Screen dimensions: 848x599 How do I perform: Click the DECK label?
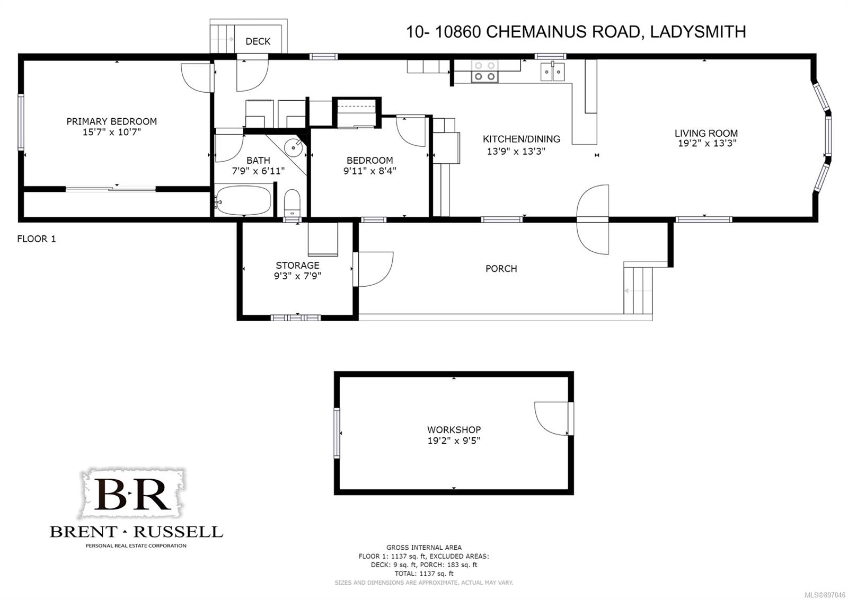[258, 41]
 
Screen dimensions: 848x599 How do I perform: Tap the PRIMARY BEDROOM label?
[112, 121]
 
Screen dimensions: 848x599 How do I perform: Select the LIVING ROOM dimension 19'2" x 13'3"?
[707, 143]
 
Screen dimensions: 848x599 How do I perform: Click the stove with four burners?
[484, 71]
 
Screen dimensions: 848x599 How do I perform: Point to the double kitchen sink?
[553, 72]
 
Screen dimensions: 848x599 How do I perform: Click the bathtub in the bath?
[243, 199]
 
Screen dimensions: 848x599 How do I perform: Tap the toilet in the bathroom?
[292, 204]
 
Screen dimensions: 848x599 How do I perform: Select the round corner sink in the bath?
[294, 147]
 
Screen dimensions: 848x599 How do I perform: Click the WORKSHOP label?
[454, 430]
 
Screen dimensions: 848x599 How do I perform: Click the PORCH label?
[501, 269]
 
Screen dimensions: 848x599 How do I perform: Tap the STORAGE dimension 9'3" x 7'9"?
[297, 276]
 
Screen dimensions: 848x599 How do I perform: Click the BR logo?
[132, 494]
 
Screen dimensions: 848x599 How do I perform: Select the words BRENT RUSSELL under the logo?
[136, 532]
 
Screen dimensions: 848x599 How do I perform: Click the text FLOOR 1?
[37, 239]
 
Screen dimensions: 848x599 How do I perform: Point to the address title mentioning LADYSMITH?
[576, 32]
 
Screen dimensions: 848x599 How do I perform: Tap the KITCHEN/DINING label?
[522, 139]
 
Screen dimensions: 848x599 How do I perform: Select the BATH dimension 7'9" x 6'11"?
[258, 171]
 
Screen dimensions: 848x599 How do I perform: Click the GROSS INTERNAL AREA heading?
[424, 548]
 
